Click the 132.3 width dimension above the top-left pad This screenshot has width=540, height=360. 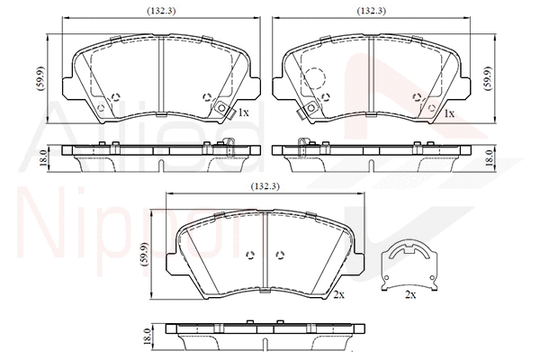tap(161, 11)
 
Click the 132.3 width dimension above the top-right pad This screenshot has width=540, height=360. tap(371, 11)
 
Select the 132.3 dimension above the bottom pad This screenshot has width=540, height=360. tap(265, 186)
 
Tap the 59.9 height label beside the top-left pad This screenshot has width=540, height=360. tap(40, 78)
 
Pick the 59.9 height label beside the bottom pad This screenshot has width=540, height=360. tap(144, 255)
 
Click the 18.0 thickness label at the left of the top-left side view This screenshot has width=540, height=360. tap(43, 158)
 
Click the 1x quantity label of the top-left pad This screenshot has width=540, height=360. tap(243, 112)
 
